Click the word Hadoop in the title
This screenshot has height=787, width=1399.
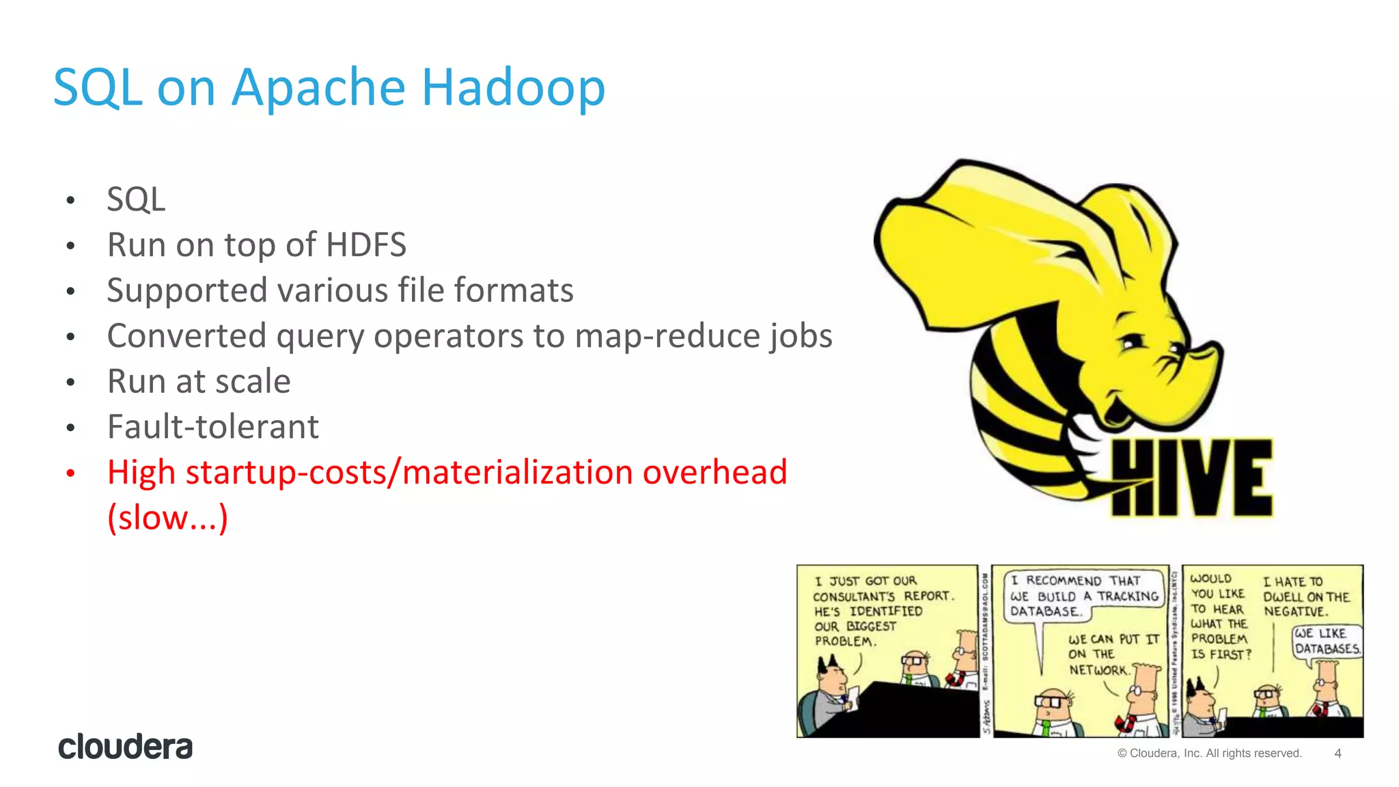[x=513, y=87]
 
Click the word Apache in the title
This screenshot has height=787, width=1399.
[x=318, y=87]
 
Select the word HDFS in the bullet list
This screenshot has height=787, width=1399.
[x=365, y=245]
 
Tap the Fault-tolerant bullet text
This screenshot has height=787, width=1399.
[x=212, y=427]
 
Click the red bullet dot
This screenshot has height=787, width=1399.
[x=70, y=473]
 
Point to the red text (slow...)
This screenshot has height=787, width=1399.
[x=167, y=518]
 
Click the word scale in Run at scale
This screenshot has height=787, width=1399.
[x=252, y=381]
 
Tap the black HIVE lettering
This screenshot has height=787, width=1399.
[x=1191, y=478]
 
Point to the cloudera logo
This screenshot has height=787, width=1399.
[x=125, y=747]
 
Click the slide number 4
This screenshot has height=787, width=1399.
[x=1338, y=754]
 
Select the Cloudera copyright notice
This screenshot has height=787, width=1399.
[x=1209, y=754]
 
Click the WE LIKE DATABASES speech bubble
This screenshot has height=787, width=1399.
[x=1327, y=641]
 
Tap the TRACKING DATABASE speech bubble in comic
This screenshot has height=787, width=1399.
[x=1083, y=596]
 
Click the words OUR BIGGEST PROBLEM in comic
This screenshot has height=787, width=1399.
[x=854, y=634]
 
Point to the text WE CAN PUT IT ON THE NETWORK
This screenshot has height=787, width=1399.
[x=1113, y=654]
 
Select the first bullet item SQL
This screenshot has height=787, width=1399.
[x=136, y=199]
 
